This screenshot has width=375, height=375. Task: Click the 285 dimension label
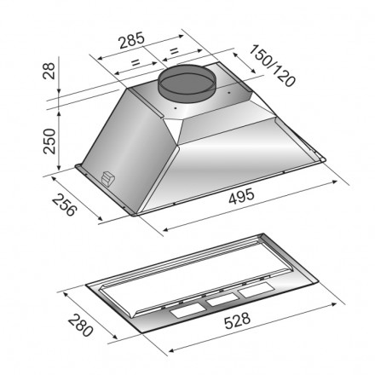[132, 40]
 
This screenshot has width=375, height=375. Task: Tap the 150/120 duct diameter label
[272, 66]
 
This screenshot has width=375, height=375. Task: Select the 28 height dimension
[49, 71]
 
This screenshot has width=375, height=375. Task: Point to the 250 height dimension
[49, 141]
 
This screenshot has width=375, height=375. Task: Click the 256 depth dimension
[65, 205]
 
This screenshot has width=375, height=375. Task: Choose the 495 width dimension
[241, 196]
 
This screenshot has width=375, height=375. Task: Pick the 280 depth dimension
[80, 325]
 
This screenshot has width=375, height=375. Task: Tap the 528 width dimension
[237, 320]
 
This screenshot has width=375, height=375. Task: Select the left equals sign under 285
[136, 62]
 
